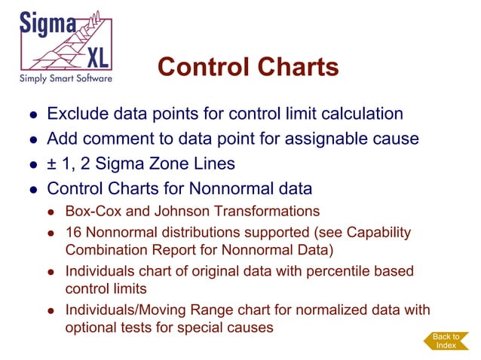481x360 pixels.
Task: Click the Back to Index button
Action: (445, 340)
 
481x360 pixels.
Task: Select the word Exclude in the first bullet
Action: (76, 114)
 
